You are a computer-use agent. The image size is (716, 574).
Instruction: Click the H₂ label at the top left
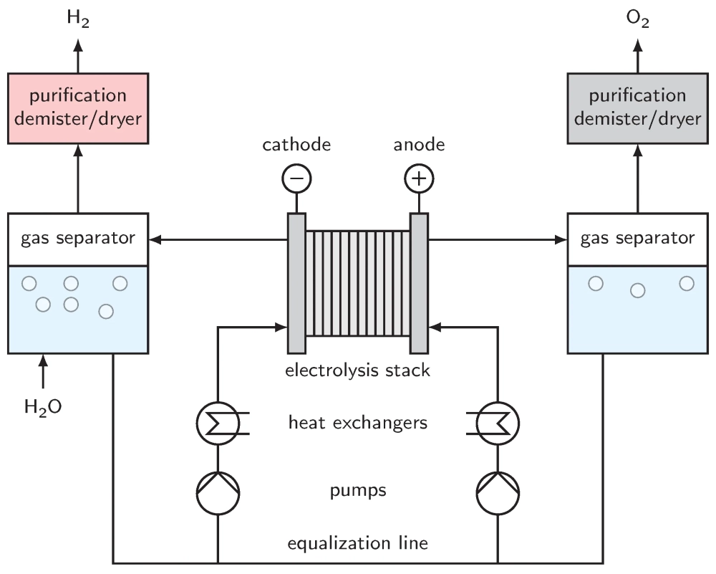point(78,19)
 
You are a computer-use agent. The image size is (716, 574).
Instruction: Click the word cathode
point(296,145)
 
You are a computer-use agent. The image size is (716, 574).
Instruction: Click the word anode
point(420,145)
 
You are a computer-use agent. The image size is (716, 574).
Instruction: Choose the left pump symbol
point(218,493)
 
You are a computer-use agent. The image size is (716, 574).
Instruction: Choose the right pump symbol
point(498,493)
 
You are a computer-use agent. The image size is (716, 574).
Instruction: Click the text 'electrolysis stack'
point(357,370)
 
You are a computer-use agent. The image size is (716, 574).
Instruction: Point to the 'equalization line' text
point(357,542)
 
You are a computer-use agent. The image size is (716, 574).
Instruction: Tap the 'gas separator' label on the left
point(78,237)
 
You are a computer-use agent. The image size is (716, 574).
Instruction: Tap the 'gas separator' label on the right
point(638,237)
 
